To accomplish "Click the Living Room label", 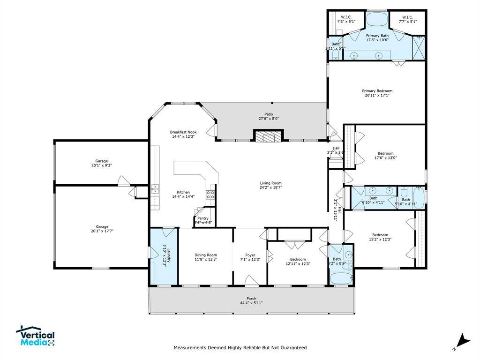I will point(271,183).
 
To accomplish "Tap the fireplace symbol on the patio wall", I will point(269,136).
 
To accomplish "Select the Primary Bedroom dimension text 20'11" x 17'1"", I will point(377,95).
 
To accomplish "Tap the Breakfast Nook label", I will point(182,132).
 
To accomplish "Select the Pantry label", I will point(202,218).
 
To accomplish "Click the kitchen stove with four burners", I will point(210,195).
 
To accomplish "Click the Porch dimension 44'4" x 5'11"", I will point(251,303).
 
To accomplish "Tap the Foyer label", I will point(250,255).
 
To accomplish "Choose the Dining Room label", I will point(206,255).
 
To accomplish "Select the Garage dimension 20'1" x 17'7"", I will point(102,231).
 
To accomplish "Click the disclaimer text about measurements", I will point(240,348).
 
